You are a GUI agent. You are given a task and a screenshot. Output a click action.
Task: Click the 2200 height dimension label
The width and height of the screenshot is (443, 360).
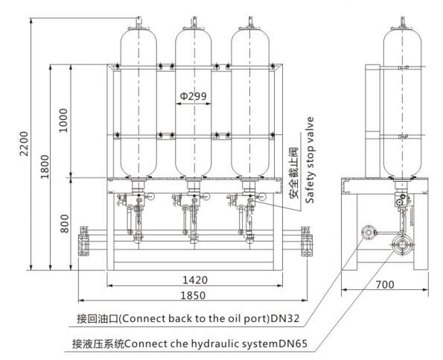click(25, 144)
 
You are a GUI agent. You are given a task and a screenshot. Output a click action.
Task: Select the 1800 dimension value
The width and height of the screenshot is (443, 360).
click(45, 166)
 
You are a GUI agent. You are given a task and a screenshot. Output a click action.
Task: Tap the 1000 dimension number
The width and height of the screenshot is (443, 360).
click(63, 120)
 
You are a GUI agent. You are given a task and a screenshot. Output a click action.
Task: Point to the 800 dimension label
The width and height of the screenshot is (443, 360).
click(65, 224)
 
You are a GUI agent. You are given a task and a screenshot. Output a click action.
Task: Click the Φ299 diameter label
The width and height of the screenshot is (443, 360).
click(194, 96)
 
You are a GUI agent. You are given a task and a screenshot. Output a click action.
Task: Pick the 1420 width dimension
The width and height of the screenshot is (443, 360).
click(195, 280)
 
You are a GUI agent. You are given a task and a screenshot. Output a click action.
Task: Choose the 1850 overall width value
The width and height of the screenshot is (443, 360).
click(194, 295)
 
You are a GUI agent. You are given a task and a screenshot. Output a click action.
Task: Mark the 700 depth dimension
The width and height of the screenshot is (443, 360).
click(385, 284)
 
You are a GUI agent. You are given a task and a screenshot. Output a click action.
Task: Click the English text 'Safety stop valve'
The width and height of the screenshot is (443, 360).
click(310, 160)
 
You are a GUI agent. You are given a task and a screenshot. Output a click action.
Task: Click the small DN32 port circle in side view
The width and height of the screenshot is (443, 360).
click(369, 233)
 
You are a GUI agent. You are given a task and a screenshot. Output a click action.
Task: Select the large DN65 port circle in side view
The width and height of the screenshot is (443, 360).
click(401, 244)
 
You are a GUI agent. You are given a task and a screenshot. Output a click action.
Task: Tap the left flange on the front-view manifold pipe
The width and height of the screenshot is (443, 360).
click(83, 241)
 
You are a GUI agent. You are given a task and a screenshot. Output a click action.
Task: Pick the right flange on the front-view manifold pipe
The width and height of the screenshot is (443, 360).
click(307, 241)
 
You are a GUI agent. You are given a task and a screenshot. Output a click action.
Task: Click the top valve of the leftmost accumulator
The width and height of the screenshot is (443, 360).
click(138, 23)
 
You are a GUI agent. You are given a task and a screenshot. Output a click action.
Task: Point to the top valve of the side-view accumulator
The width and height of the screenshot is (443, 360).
click(403, 23)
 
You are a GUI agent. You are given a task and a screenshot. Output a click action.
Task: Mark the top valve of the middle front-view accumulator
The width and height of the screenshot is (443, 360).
click(194, 23)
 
